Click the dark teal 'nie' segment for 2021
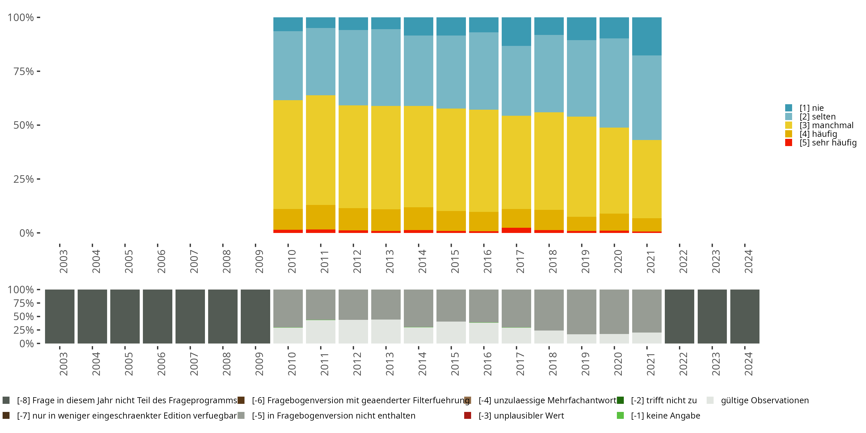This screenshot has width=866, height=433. point(647,36)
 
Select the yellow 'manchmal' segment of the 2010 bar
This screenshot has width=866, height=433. point(288,155)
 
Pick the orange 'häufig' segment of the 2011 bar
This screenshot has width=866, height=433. point(320,217)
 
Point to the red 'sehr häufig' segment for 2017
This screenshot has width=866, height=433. point(516,230)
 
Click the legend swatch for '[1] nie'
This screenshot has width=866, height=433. point(788,108)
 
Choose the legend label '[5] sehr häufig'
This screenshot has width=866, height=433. point(828,143)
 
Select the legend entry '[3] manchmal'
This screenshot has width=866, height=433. point(826,125)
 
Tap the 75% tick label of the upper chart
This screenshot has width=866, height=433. point(24,71)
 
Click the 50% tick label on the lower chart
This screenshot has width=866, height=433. point(24,317)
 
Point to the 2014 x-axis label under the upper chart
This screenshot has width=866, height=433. point(422,261)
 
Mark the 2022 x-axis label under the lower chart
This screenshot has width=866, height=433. point(683,364)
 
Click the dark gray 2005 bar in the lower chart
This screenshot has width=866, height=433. point(125,316)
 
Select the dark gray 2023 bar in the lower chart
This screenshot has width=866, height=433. point(712,316)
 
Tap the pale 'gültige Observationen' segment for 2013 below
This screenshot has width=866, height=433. point(386,331)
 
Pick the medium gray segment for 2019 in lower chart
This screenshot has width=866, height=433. point(581,312)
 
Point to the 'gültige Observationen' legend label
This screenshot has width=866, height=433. point(764,400)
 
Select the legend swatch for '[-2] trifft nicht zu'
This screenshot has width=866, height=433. point(620,400)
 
